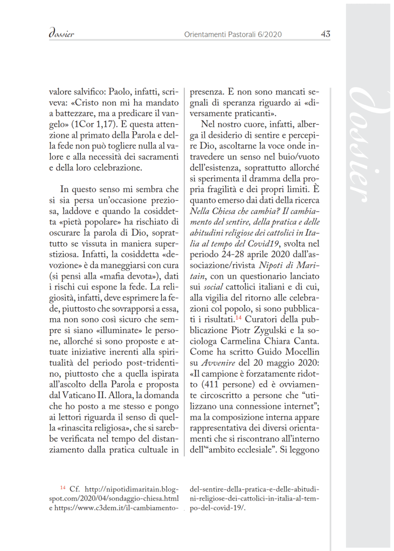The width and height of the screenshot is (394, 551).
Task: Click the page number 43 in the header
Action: coord(325,34)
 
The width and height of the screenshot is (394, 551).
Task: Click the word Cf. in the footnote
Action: coord(75,489)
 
